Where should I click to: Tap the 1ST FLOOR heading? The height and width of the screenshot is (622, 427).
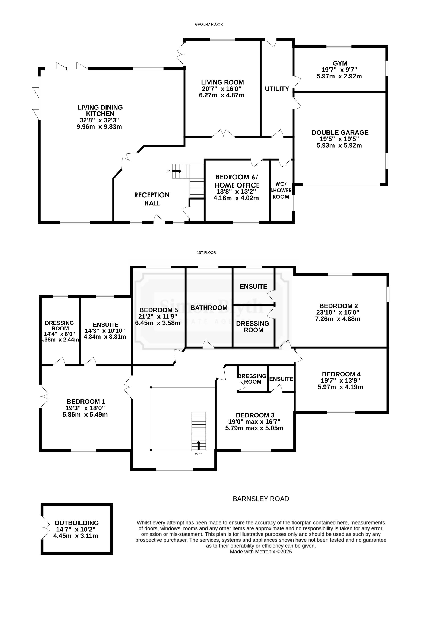coord(206,252)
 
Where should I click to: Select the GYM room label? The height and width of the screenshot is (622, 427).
coord(340,63)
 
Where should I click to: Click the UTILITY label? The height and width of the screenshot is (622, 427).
coord(277,89)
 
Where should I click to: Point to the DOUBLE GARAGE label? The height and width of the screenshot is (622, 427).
coord(340,132)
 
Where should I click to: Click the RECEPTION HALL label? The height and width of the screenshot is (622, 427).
coord(152,199)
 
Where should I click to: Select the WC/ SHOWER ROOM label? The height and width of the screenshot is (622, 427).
coord(281,190)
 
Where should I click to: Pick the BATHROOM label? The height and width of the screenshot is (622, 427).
coord(209,308)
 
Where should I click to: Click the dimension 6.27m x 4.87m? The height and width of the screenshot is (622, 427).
coord(222,95)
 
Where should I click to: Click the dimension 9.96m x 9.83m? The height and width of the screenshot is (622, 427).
coord(99,127)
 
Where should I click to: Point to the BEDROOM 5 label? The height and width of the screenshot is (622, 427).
coord(159,310)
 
